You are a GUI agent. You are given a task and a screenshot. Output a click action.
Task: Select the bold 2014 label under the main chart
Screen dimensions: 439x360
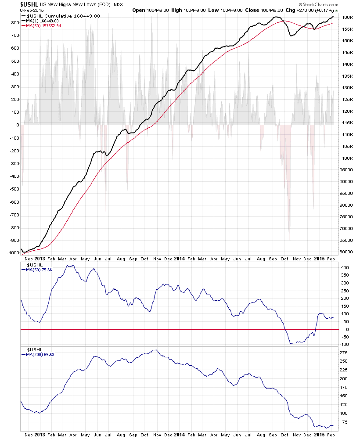(x=179, y=259)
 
